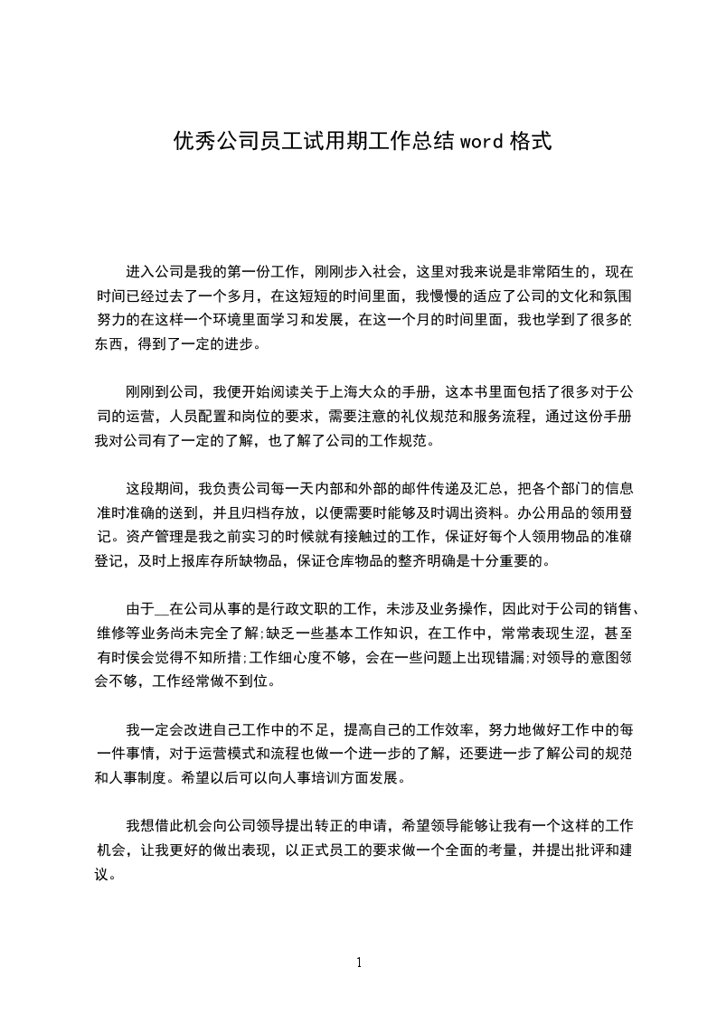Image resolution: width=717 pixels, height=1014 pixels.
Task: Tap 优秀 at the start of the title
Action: tap(189, 142)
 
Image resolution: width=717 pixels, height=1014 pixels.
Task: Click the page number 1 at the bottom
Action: tap(359, 962)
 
